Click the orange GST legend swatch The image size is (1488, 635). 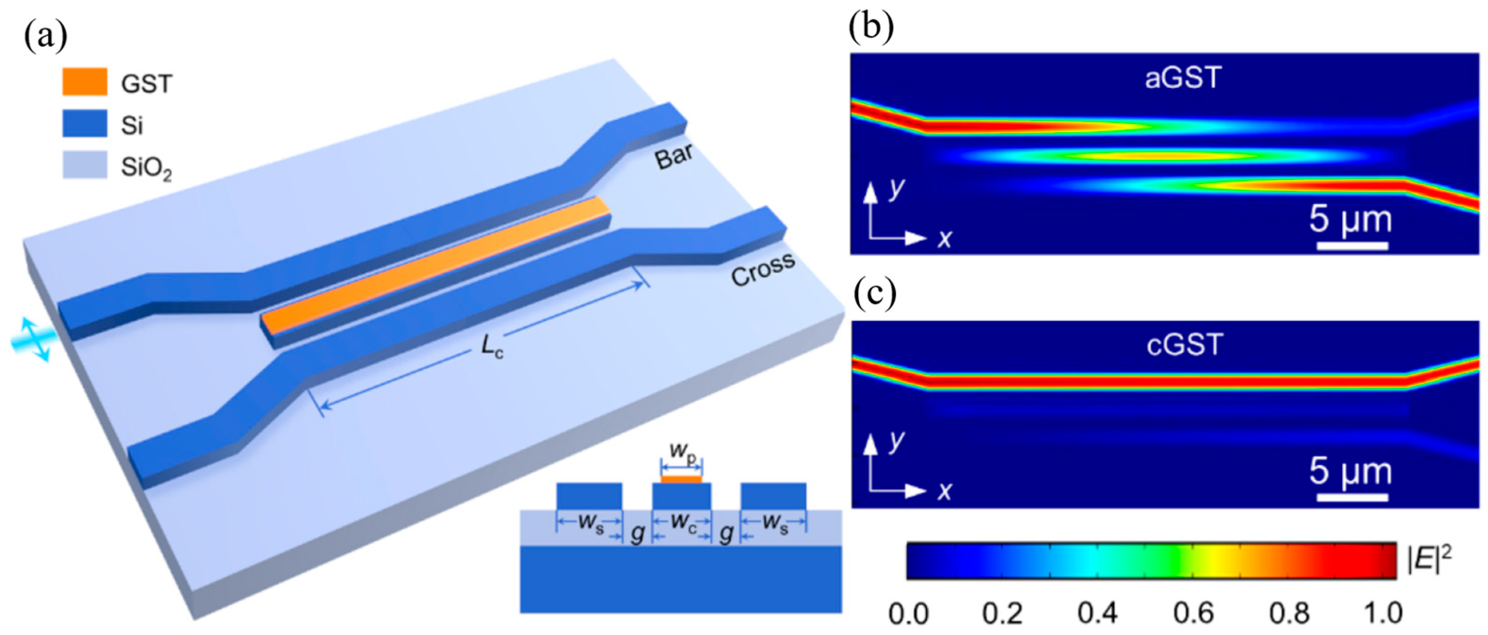84,81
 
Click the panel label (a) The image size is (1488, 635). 46,36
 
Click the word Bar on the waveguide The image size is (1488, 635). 674,155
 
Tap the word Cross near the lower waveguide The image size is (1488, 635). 763,269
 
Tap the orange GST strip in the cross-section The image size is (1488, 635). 682,479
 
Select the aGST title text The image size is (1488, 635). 1183,78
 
